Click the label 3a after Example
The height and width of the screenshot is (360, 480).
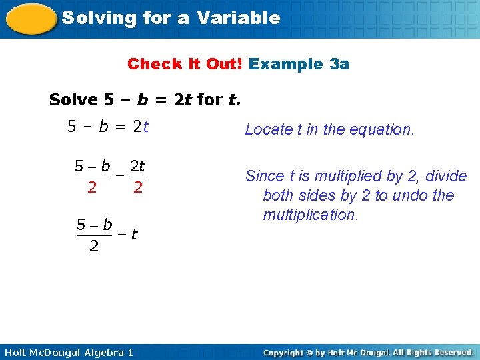[339, 64]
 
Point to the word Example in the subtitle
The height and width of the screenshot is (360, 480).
[286, 64]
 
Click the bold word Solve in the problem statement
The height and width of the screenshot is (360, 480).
[73, 100]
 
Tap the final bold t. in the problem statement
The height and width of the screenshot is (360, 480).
[234, 100]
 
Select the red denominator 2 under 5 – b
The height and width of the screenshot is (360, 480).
[92, 188]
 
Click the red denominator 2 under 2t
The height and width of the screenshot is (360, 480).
[137, 188]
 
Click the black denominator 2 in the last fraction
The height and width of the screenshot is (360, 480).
[94, 247]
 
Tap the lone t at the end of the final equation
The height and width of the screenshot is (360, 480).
[135, 234]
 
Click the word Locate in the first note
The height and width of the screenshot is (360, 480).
[265, 129]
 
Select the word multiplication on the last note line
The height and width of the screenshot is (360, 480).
[311, 215]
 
